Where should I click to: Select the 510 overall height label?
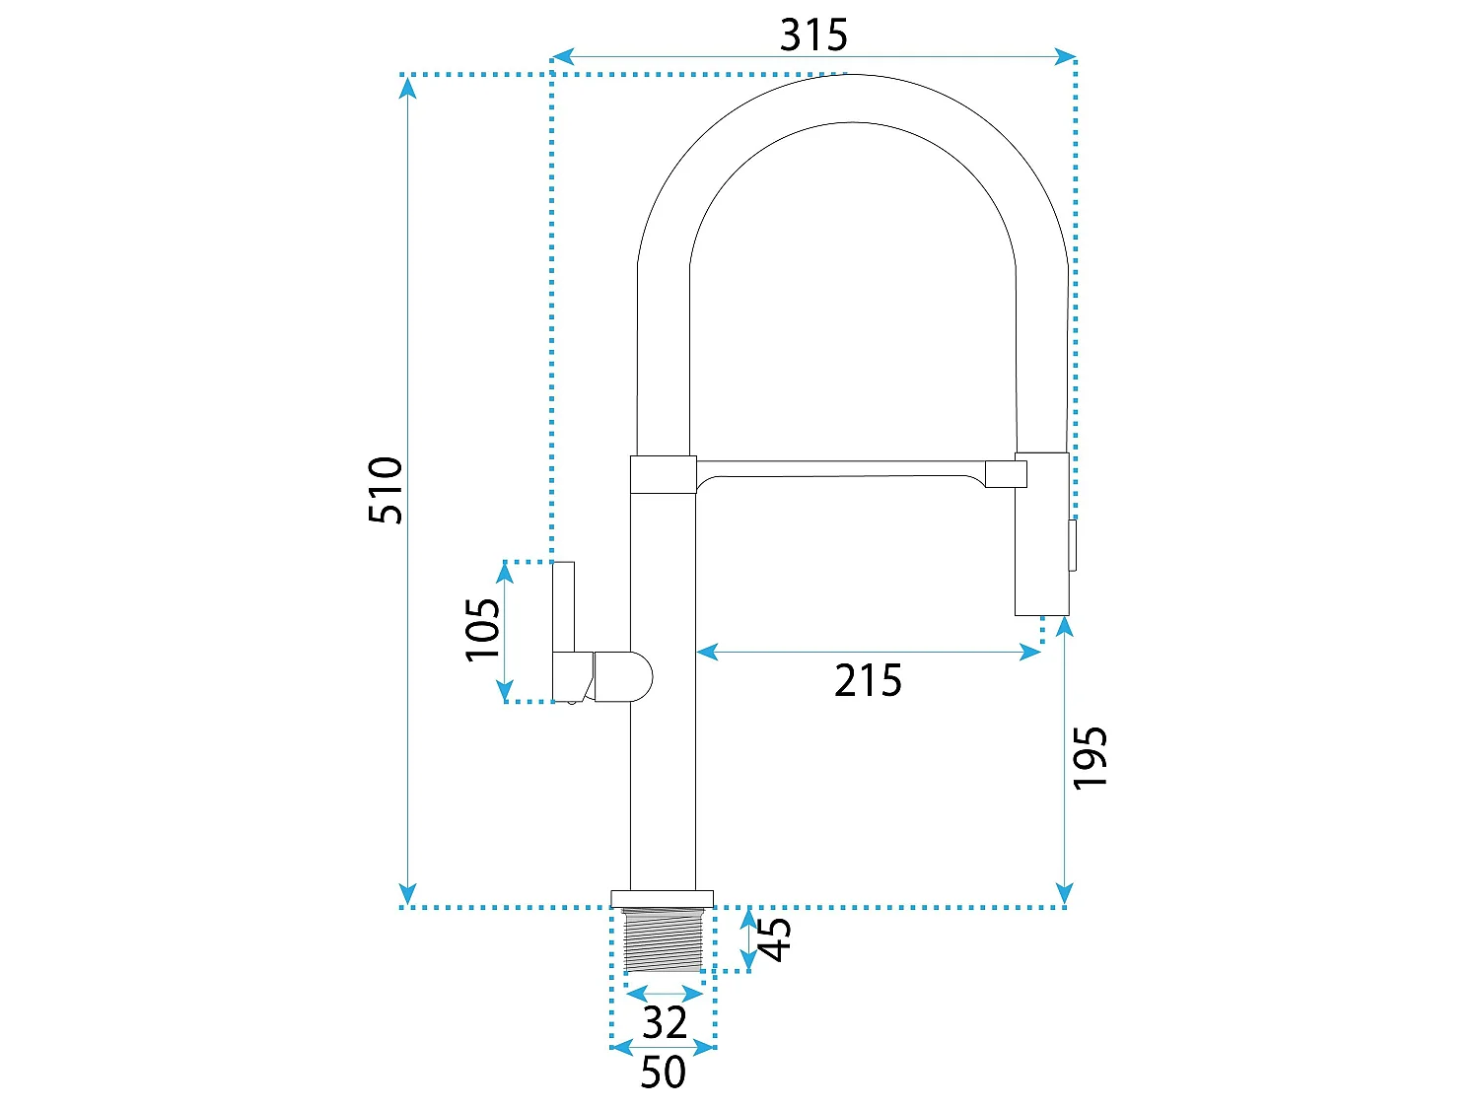(x=386, y=490)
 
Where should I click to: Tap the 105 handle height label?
(x=483, y=630)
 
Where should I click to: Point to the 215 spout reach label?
(x=867, y=680)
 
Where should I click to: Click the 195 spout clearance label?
(x=1090, y=757)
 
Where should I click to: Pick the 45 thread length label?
(x=775, y=939)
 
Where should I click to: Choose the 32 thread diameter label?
(x=665, y=1023)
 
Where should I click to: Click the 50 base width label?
(x=663, y=1072)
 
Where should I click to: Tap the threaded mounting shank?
(x=663, y=940)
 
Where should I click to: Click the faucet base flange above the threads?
(x=662, y=899)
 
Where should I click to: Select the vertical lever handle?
(x=563, y=606)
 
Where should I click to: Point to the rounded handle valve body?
(x=623, y=676)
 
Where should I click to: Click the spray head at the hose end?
(x=1041, y=534)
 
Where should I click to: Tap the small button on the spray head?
(x=1073, y=545)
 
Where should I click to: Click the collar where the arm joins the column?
(x=663, y=475)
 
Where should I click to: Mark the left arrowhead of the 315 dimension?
(x=562, y=56)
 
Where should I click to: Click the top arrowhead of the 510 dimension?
(x=407, y=88)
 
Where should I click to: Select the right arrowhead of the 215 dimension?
(x=1030, y=652)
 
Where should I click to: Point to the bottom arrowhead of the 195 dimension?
(x=1065, y=893)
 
